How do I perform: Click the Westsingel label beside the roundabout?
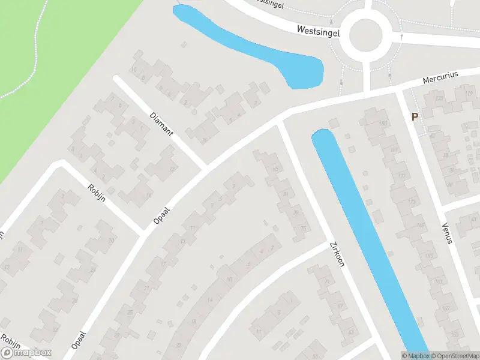point(317,30)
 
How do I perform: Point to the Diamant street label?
point(161,123)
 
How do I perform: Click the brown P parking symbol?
point(415,117)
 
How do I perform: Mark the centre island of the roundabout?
point(365,35)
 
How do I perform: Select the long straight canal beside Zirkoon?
point(372,240)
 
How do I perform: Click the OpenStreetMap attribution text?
point(456,356)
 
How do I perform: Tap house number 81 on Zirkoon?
point(286,194)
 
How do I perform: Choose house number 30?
point(111,241)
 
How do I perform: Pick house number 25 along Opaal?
point(130,313)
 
